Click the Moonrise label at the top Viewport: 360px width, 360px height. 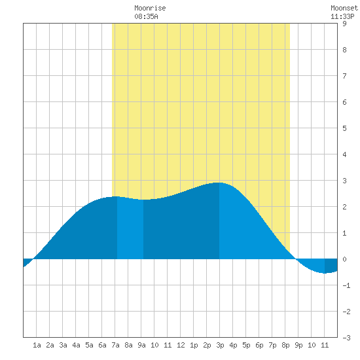pos(150,8)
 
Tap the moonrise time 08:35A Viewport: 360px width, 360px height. pos(146,16)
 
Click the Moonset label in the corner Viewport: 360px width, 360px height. pos(344,8)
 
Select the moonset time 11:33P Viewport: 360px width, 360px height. pos(342,16)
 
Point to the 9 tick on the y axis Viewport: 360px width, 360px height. pos(344,24)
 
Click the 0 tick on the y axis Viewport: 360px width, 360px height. pos(344,259)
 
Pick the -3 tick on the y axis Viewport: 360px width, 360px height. pos(346,338)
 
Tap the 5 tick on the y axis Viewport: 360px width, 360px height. pos(344,128)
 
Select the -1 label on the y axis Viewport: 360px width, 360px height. pos(346,285)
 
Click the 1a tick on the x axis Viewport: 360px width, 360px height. pos(37,345)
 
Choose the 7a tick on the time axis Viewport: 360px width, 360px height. pos(115,345)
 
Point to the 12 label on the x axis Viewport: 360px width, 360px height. pos(181,345)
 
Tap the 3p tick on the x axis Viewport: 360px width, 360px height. pos(220,345)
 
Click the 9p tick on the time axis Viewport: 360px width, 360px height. pos(298,345)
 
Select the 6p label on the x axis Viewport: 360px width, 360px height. pos(259,345)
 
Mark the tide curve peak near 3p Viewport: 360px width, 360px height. pos(219,183)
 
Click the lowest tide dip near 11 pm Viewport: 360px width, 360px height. pos(325,273)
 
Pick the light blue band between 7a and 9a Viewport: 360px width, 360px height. pos(130,228)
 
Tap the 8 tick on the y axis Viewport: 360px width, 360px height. pos(344,50)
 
